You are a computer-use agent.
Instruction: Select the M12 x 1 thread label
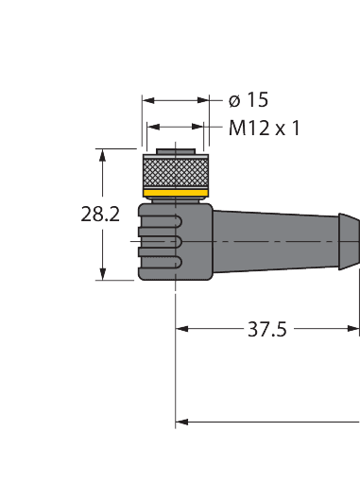263,128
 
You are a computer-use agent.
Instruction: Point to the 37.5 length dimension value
267,330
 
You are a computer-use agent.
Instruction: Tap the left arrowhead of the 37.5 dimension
182,330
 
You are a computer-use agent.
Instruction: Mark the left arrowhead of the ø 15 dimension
146,99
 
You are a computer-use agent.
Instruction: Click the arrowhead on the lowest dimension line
182,423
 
